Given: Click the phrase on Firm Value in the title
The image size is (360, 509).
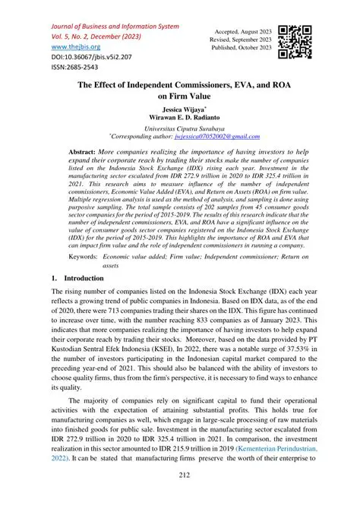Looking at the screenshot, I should point(180,97).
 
